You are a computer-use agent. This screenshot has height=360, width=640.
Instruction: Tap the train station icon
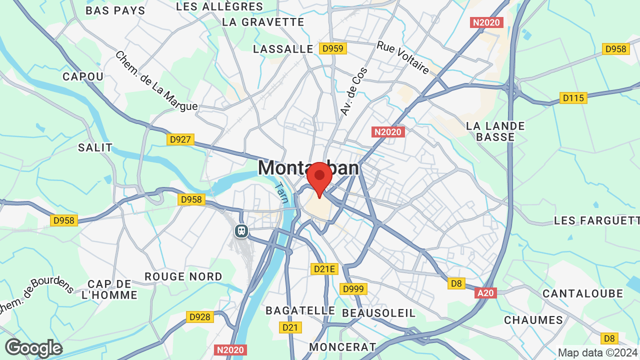pos(241,230)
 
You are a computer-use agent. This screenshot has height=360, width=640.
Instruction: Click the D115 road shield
pos(573,98)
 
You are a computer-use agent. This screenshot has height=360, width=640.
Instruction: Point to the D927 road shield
pos(180,139)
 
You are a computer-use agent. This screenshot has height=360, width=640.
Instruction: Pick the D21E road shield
pos(324,269)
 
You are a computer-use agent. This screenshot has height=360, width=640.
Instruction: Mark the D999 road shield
pos(353,289)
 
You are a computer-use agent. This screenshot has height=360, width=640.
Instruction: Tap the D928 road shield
pos(200,316)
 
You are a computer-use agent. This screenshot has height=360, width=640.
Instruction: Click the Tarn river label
pos(281,192)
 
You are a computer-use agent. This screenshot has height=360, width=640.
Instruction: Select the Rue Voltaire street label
pos(403,57)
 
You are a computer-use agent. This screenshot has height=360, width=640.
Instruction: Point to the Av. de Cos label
pos(354,91)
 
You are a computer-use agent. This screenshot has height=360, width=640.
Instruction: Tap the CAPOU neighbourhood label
pos(83,76)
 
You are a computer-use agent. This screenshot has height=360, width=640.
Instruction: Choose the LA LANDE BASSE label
pos(495,131)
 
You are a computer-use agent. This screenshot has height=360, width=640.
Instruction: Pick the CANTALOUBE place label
pos(583,293)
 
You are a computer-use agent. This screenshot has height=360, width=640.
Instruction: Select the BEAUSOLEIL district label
pos(379,313)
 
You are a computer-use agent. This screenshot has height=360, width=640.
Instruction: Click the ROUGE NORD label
pos(183,276)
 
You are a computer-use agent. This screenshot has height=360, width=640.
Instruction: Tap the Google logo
pos(33,348)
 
